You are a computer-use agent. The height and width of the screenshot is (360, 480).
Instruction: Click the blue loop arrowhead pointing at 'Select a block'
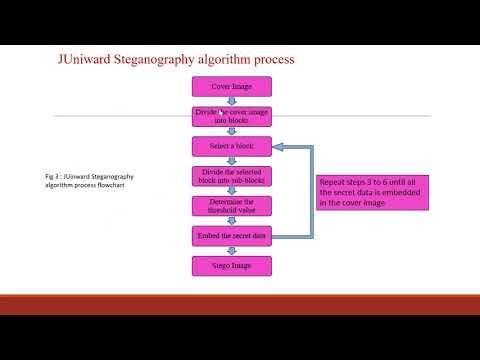278,147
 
